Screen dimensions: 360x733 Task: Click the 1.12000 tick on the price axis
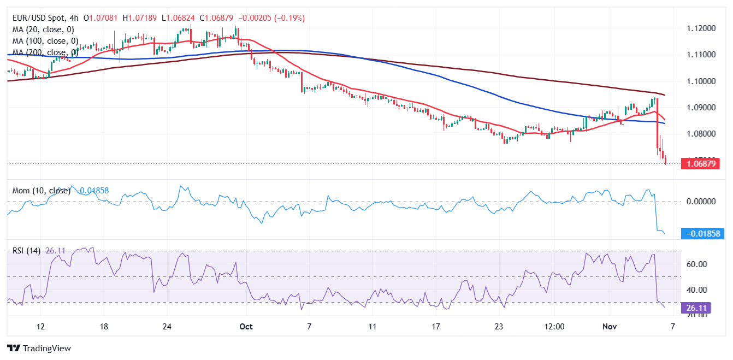[x=701, y=28]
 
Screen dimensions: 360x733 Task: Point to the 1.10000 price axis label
[x=701, y=81]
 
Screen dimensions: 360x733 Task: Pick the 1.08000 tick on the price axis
[x=701, y=134]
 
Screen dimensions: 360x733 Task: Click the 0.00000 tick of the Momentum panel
[x=701, y=202]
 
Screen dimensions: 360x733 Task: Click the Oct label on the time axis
[x=246, y=326]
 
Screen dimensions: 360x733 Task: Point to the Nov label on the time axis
[x=610, y=326]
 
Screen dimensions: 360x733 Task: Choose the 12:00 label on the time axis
[x=554, y=326]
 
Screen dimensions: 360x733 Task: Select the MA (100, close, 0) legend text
[x=45, y=41]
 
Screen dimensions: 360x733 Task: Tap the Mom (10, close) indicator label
[x=42, y=191]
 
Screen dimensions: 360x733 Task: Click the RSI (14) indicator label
[x=26, y=251]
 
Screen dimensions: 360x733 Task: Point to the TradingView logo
[x=39, y=348]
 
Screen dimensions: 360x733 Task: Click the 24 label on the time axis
[x=168, y=326]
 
